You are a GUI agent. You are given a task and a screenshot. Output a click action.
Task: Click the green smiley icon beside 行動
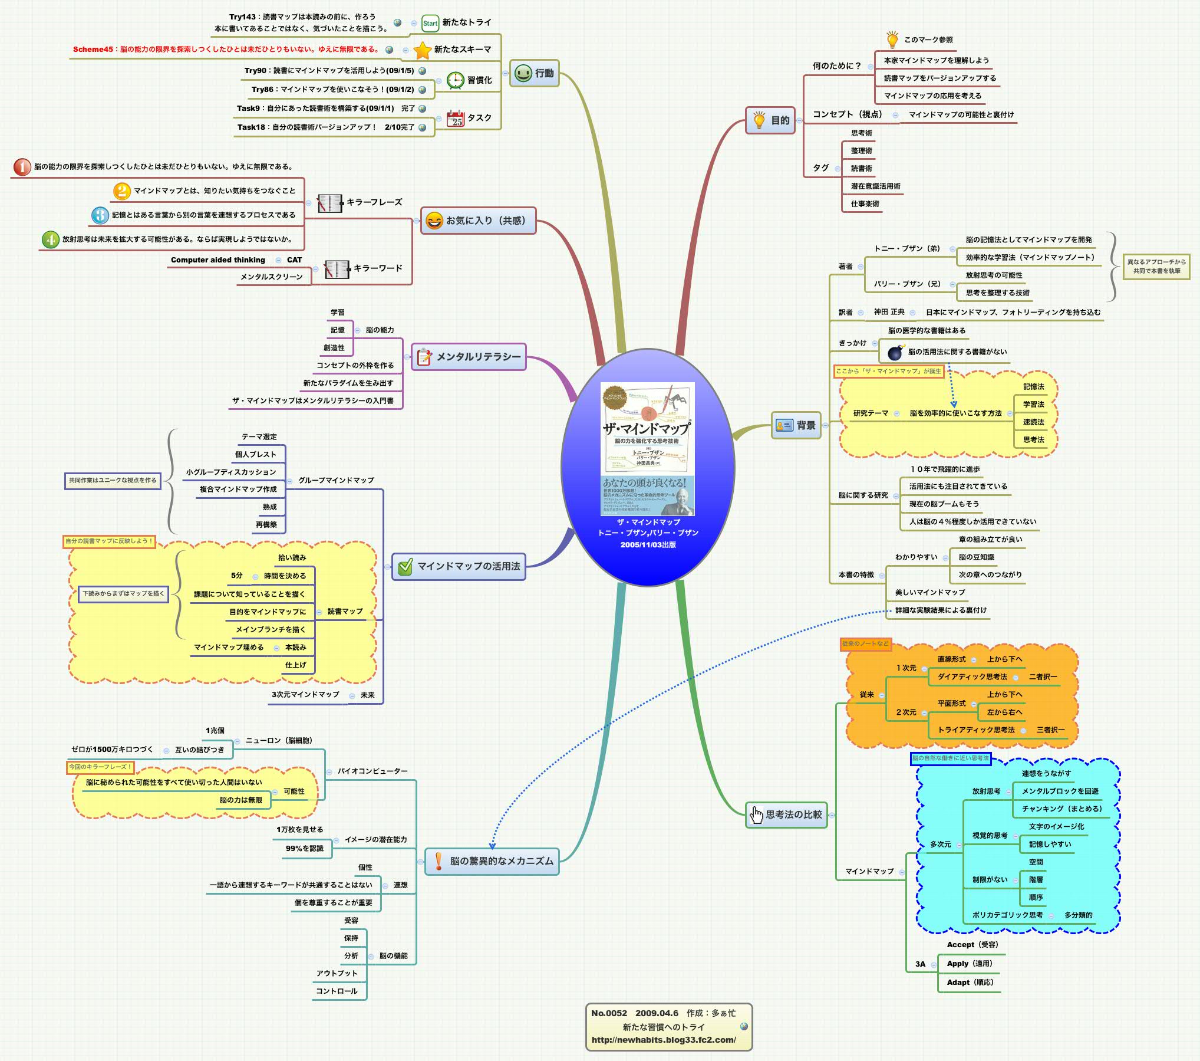pos(523,73)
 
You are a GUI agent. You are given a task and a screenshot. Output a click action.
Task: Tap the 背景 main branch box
pos(796,425)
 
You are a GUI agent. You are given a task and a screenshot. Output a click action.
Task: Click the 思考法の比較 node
pos(786,814)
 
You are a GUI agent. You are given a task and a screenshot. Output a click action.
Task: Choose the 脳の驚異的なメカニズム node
pos(492,861)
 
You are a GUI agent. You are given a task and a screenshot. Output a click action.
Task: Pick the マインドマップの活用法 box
pos(459,566)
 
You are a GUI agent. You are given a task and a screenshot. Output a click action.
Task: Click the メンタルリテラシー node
pos(469,357)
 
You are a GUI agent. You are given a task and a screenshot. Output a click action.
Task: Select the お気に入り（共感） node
pos(478,221)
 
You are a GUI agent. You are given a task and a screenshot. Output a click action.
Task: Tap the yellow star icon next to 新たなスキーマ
pos(422,50)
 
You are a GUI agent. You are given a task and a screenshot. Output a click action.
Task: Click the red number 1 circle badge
pos(22,167)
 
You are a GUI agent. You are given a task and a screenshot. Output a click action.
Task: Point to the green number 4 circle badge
pos(51,239)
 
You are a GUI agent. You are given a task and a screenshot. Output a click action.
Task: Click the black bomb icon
pos(895,352)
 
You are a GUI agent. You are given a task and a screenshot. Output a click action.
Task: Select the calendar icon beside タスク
pos(455,118)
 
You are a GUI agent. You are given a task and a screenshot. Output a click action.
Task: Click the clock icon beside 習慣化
pos(455,80)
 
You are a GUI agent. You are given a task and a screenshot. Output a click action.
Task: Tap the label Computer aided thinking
pos(217,260)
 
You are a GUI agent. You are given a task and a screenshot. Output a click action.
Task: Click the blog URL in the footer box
pos(663,1040)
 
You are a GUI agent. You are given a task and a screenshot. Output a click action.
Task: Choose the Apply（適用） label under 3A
pos(969,963)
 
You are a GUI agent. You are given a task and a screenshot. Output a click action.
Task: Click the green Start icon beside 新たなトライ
pos(430,23)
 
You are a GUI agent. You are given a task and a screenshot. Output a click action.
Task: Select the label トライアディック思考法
pos(975,730)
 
